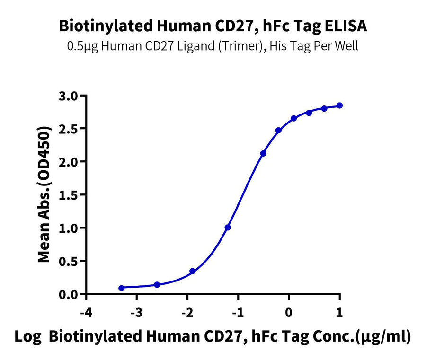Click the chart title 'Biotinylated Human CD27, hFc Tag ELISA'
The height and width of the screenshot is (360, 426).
(213, 26)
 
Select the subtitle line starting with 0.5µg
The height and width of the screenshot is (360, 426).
(213, 46)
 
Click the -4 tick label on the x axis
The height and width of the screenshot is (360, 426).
(86, 313)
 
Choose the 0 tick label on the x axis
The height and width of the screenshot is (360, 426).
(289, 313)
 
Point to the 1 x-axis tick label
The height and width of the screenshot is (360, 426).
(339, 313)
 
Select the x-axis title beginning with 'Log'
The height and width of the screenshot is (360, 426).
(213, 338)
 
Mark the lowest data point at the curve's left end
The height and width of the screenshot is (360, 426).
(122, 288)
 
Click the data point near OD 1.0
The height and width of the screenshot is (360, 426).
(228, 228)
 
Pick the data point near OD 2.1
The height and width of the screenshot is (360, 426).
(263, 153)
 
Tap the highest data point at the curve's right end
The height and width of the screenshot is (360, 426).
(340, 105)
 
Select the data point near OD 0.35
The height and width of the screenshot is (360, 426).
(192, 271)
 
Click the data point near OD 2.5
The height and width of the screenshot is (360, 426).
(278, 130)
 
